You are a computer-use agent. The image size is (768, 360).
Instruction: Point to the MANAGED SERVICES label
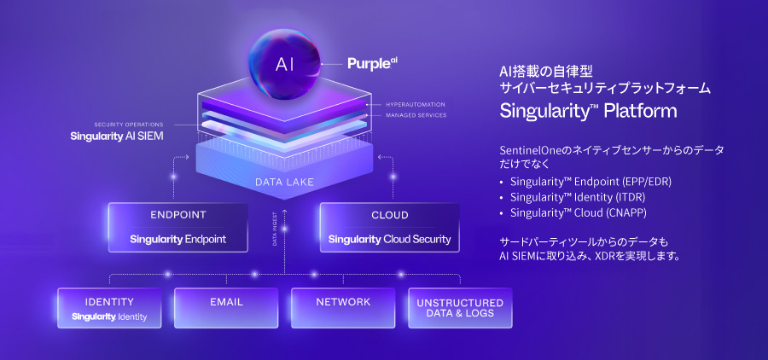[416, 115]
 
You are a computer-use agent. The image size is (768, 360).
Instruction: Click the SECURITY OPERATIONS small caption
[129, 125]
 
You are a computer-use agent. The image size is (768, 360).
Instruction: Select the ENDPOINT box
[178, 227]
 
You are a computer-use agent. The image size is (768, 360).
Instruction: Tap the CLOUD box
[389, 227]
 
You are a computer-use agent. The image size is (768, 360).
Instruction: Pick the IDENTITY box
[109, 308]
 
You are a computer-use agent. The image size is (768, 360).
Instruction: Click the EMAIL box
[226, 307]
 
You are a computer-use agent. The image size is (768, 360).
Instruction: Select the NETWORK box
[343, 307]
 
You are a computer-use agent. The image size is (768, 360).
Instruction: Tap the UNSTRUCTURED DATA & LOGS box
[460, 308]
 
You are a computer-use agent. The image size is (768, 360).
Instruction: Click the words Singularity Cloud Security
[389, 239]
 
